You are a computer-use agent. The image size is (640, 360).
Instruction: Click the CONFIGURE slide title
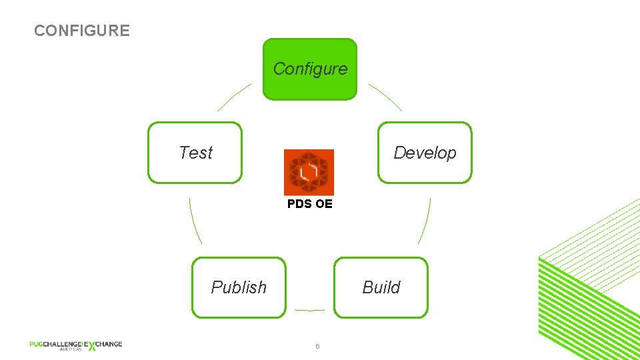pyautogui.click(x=82, y=31)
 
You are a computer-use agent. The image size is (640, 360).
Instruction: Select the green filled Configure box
pyautogui.click(x=310, y=69)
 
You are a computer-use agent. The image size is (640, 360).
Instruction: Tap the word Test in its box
pyautogui.click(x=195, y=153)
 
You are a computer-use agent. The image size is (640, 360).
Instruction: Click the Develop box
pyautogui.click(x=425, y=153)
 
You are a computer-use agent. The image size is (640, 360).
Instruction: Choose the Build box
pyautogui.click(x=381, y=287)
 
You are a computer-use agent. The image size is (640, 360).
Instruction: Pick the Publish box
pyautogui.click(x=239, y=287)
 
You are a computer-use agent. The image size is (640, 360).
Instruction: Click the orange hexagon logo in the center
pyautogui.click(x=309, y=172)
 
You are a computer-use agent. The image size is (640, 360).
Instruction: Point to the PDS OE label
pyautogui.click(x=309, y=204)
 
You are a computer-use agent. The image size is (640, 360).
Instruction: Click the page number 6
pyautogui.click(x=318, y=346)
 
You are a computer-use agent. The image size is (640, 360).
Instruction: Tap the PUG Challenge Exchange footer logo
pyautogui.click(x=75, y=345)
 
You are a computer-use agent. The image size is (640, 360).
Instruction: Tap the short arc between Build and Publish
pyautogui.click(x=309, y=310)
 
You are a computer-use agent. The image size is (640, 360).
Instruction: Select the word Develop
pyautogui.click(x=425, y=153)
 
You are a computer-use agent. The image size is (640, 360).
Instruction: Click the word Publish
pyautogui.click(x=239, y=287)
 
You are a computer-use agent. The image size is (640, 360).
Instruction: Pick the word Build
pyautogui.click(x=381, y=287)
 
